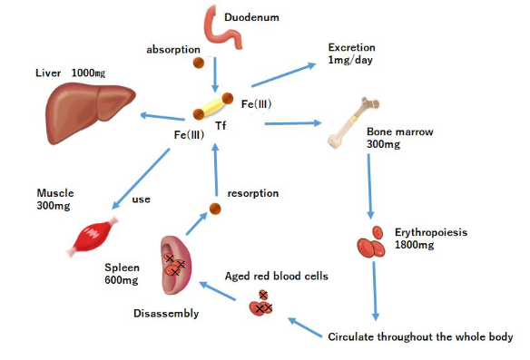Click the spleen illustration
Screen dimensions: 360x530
tap(174, 266)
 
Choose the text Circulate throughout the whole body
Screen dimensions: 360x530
tap(419, 336)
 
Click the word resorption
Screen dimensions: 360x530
tap(253, 193)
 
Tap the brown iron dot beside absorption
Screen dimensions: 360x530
tap(198, 63)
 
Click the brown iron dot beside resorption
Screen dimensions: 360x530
tap(215, 209)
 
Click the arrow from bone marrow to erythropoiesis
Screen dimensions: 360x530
tap(368, 186)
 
